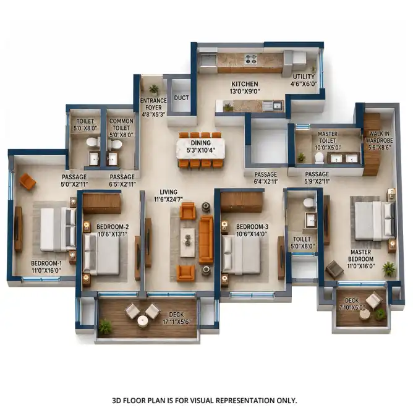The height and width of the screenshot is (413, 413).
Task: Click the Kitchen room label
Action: tap(245, 84)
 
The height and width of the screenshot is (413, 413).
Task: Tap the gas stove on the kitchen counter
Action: tap(250, 59)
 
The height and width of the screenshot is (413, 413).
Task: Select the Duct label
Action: tap(181, 98)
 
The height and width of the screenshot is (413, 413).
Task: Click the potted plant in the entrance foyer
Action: tap(154, 90)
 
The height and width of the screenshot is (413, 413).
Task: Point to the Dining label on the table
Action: tap(201, 143)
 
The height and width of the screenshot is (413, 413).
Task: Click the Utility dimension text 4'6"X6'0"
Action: tap(304, 84)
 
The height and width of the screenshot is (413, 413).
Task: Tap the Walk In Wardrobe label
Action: tap(379, 137)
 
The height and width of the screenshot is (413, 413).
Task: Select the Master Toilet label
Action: tap(328, 137)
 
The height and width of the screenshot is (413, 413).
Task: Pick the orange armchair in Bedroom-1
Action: tap(27, 182)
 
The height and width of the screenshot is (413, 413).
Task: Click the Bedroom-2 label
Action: tap(113, 227)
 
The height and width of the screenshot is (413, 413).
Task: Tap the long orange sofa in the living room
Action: tap(206, 239)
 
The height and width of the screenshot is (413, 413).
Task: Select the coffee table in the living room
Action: tap(187, 242)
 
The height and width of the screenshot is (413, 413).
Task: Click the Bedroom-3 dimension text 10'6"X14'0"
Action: tap(252, 234)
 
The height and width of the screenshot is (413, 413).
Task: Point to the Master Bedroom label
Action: tap(360, 255)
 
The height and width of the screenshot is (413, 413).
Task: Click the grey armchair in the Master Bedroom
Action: tap(334, 269)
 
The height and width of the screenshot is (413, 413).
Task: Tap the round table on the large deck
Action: tap(142, 320)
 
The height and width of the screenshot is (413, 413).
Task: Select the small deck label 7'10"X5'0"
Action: tap(352, 307)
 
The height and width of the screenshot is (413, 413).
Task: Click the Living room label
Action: tap(168, 192)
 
